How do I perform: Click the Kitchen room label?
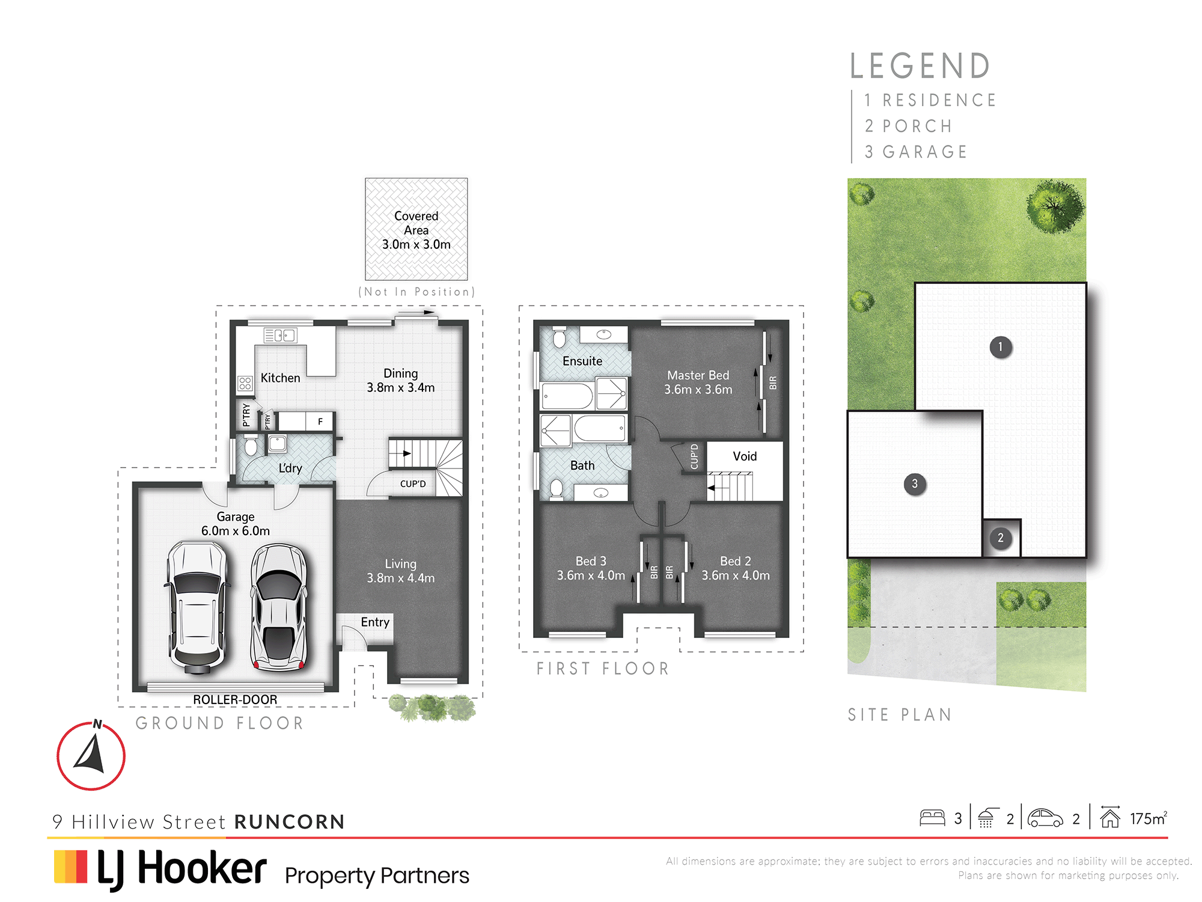click(280, 378)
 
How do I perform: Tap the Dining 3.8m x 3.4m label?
click(401, 381)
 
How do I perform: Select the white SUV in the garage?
click(197, 607)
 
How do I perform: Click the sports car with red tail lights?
click(278, 607)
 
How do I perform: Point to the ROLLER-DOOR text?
click(235, 699)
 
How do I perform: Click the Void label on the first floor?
click(745, 456)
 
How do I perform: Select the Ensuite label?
click(582, 361)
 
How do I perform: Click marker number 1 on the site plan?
click(1001, 347)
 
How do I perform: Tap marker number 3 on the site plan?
click(915, 483)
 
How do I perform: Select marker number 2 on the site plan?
click(1001, 538)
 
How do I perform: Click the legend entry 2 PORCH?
click(908, 126)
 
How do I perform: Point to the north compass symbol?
click(91, 755)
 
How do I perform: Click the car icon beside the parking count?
click(1045, 818)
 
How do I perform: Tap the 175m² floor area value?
click(1149, 818)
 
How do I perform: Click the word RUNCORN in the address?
click(290, 821)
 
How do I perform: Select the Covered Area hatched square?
click(416, 229)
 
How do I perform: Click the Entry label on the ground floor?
click(375, 622)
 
